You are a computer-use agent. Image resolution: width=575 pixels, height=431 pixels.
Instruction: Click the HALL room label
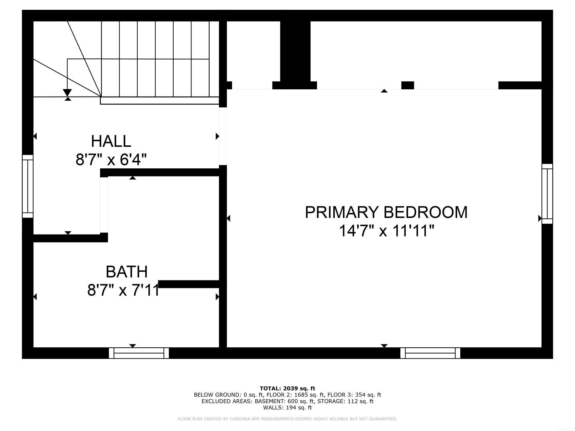tap(111, 141)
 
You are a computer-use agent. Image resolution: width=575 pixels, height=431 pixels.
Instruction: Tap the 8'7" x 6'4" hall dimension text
tap(111, 159)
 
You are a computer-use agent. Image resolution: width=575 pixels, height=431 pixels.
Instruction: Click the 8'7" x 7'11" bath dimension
tap(123, 290)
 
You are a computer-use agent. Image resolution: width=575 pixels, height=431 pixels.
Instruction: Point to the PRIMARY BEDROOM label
tap(386, 212)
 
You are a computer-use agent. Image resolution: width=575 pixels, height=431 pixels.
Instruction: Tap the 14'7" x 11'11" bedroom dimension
tap(386, 231)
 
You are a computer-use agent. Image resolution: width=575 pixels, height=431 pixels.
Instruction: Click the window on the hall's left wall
tap(28, 186)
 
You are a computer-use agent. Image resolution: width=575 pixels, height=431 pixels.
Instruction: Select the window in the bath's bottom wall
tap(139, 353)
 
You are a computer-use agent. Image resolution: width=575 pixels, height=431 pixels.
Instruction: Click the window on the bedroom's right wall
tap(547, 194)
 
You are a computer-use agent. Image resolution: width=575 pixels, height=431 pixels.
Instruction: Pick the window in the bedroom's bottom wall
tap(430, 353)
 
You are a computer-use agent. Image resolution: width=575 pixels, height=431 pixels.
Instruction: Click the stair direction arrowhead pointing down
tap(67, 93)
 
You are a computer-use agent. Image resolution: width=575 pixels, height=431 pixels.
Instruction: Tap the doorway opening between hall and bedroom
tap(223, 136)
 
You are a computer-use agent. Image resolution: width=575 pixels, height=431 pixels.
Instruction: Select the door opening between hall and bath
tap(104, 205)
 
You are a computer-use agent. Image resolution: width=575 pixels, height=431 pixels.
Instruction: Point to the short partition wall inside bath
tap(189, 284)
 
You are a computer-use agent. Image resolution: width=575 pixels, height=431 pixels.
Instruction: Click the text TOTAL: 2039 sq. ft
tap(287, 388)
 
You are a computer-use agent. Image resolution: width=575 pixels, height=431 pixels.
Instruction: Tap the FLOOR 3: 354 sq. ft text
tap(354, 395)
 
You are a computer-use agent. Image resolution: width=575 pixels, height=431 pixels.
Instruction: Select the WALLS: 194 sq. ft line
tap(287, 407)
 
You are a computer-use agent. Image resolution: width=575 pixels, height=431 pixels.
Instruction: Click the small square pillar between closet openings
tap(407, 85)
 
